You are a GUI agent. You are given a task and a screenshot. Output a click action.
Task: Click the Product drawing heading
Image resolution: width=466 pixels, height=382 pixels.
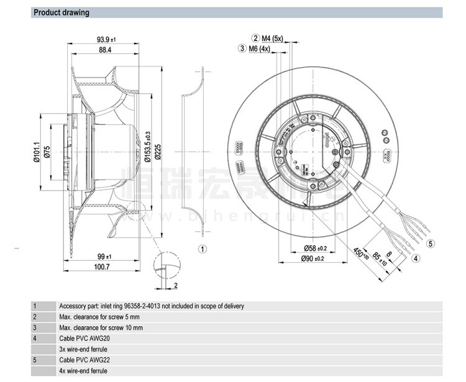pos(61,12)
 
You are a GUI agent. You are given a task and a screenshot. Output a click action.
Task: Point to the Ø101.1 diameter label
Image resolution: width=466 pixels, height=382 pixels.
pos(36,150)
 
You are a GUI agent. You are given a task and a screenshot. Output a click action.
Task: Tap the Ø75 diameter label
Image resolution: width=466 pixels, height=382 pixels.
pos(47,150)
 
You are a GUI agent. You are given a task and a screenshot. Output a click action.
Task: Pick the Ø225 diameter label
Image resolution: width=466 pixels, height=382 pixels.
pos(158,148)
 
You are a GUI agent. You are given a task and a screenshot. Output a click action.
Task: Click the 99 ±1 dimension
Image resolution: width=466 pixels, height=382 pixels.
pos(103,256)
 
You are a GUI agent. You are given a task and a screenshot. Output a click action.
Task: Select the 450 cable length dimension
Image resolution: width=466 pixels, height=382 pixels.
pos(359,254)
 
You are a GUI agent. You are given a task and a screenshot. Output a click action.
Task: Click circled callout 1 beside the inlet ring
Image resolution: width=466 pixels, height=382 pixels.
pos(202,249)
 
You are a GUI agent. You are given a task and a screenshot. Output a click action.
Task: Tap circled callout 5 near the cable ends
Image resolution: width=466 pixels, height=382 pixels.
pos(430,243)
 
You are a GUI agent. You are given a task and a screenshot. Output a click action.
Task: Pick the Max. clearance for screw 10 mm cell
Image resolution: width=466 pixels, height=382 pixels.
pos(101,327)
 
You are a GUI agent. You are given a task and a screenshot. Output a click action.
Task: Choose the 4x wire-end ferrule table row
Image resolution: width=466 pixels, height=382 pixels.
pos(83,371)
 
